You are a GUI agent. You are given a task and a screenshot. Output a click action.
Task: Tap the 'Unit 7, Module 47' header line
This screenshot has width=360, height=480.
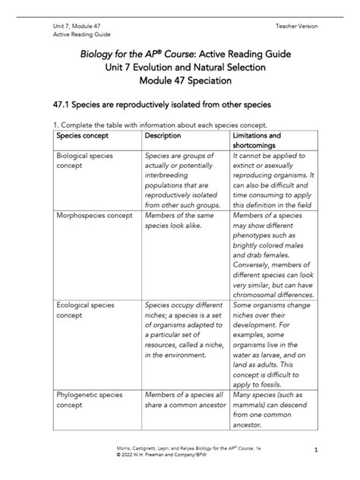point(66,26)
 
